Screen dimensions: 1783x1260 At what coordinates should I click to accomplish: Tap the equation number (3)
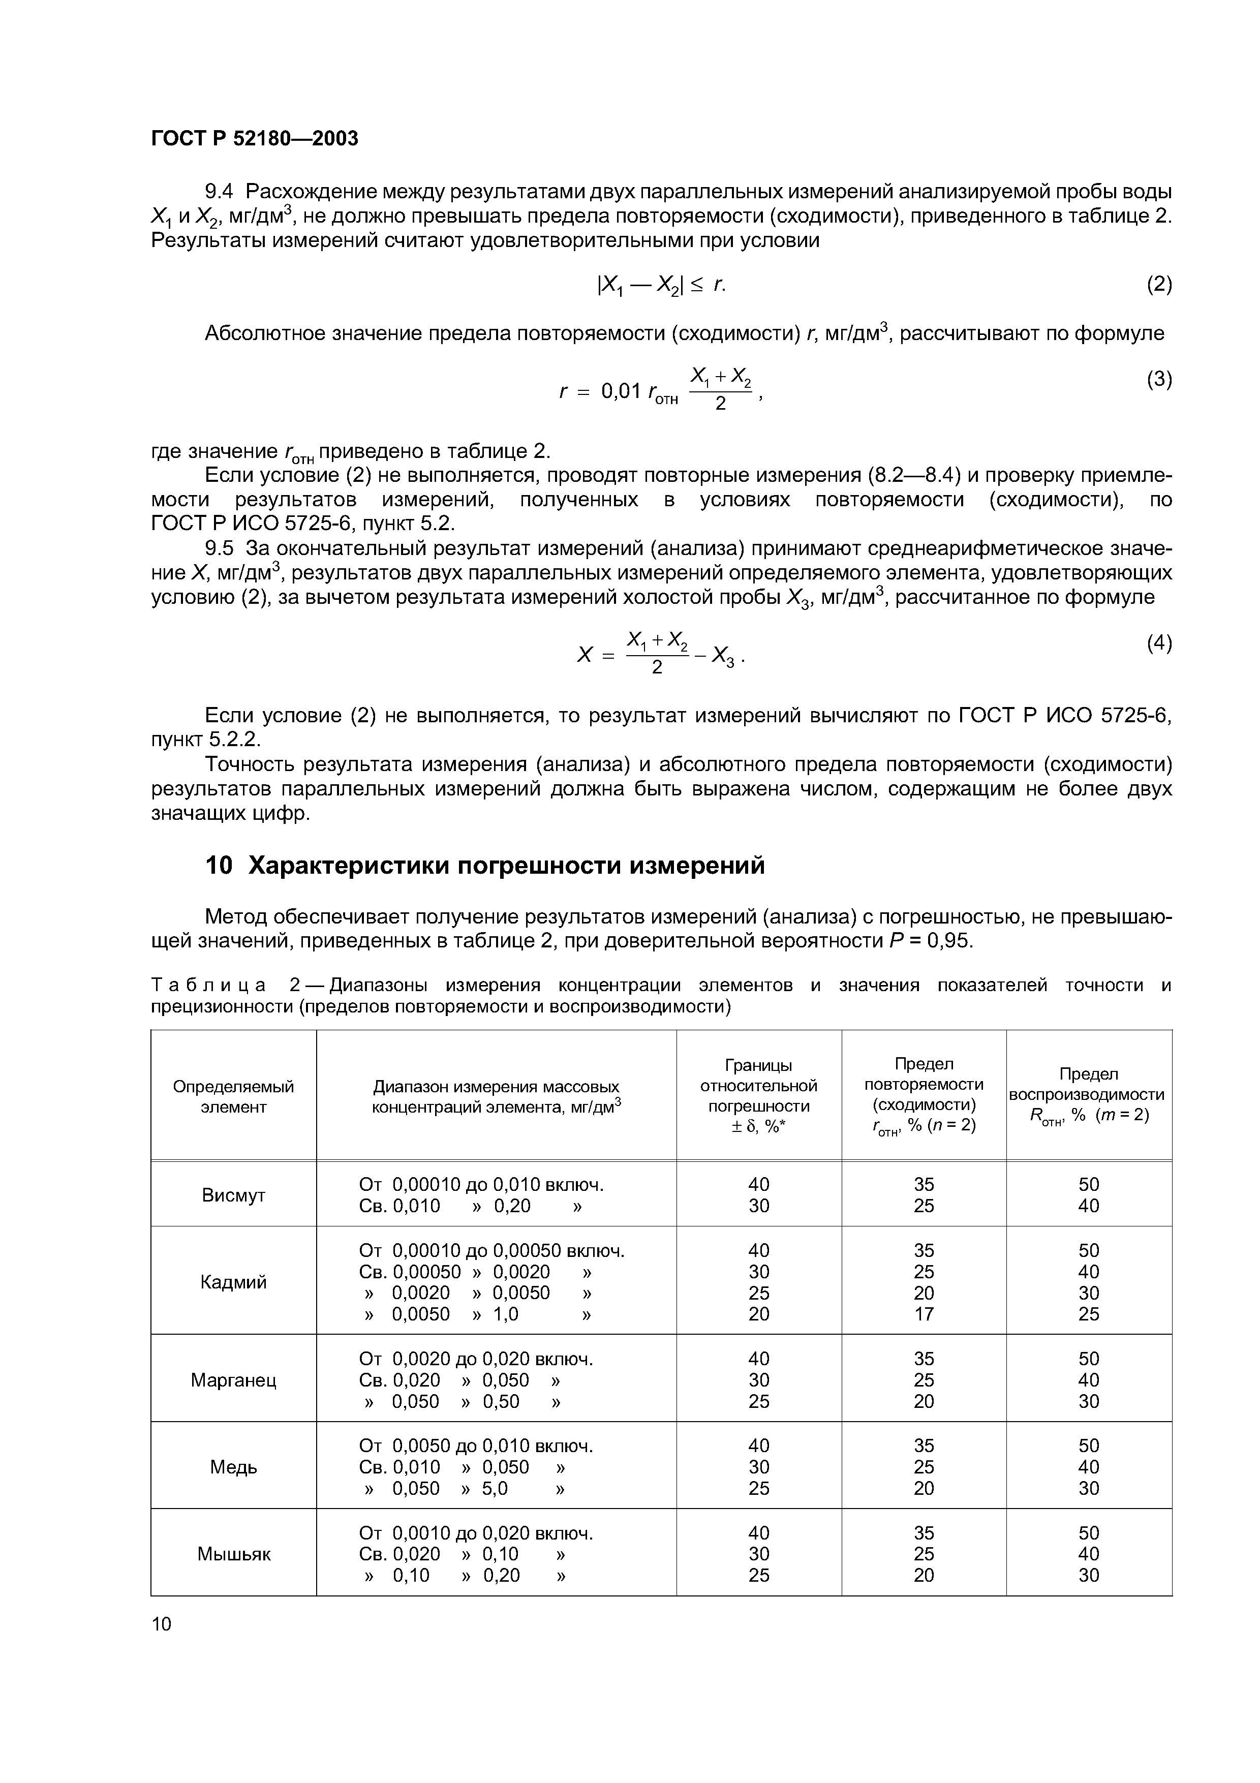point(1158,379)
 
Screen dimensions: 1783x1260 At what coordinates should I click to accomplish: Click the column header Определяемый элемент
point(233,1096)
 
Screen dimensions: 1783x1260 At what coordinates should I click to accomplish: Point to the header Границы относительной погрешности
point(758,1085)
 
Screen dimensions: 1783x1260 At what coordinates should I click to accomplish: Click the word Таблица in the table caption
point(207,986)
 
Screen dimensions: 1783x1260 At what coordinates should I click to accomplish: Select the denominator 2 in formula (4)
point(656,668)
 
